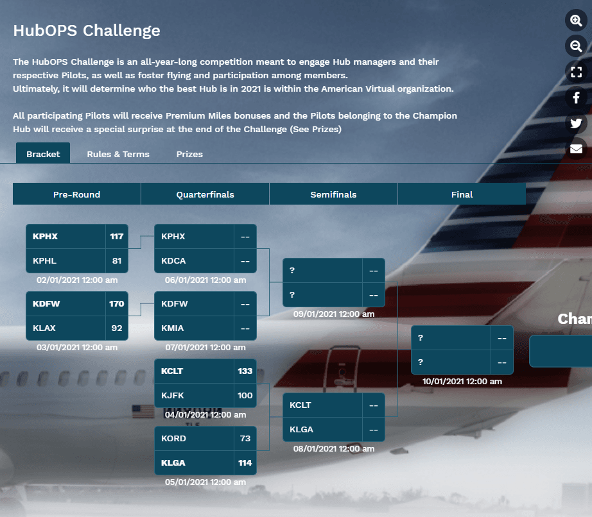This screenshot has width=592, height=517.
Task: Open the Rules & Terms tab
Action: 118,154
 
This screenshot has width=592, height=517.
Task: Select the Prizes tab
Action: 189,154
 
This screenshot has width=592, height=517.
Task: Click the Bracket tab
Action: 43,153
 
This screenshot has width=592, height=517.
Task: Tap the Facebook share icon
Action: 576,97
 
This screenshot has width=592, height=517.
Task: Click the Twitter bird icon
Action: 576,123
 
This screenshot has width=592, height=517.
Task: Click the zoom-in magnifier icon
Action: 576,21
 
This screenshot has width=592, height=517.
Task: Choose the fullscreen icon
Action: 576,72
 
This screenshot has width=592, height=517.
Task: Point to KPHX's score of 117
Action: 117,237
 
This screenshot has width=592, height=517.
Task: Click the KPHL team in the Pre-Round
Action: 44,260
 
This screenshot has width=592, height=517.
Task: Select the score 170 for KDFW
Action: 117,303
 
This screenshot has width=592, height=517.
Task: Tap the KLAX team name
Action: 44,328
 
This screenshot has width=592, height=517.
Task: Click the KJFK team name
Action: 173,395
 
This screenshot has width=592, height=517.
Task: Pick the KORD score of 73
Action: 245,439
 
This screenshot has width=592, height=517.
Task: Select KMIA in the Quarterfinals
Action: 173,328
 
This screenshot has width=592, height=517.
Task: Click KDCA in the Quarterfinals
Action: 173,260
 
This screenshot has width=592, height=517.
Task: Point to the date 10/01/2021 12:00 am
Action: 462,381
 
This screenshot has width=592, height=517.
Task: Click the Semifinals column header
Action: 333,194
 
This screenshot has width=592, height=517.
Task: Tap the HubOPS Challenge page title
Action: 87,31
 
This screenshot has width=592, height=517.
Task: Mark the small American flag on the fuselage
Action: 143,411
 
